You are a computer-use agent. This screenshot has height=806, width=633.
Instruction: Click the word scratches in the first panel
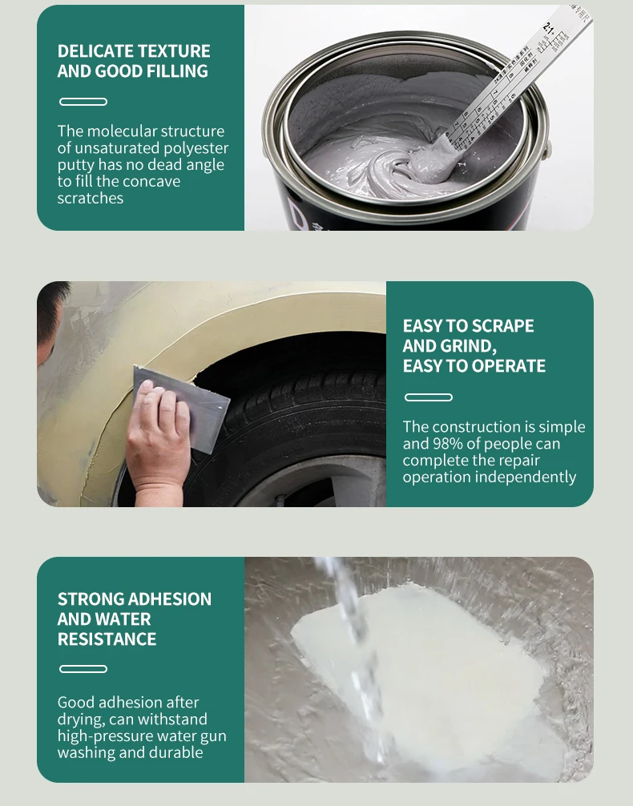pos(90,199)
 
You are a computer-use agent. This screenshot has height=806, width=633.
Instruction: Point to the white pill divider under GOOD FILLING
pos(83,102)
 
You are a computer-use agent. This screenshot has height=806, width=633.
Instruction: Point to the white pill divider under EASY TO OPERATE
pos(429,397)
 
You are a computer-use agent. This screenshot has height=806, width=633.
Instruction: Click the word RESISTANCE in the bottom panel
pos(107,639)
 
